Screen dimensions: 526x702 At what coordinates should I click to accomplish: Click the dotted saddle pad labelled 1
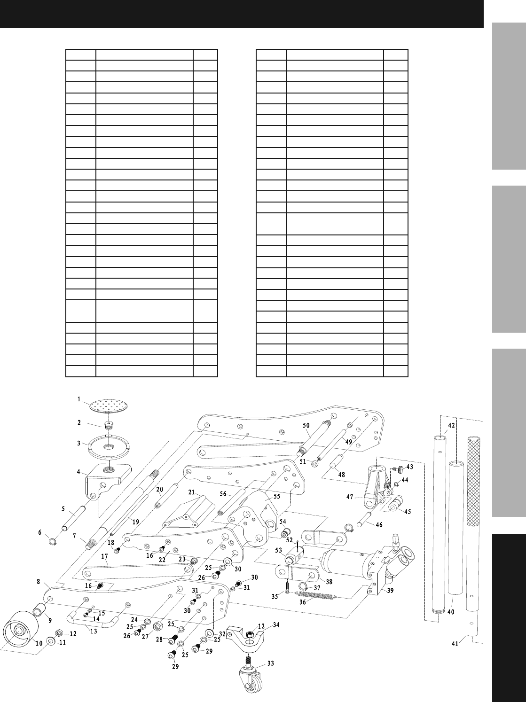[109, 405]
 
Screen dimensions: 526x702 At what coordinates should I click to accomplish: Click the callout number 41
[455, 644]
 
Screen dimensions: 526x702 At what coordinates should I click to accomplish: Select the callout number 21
[191, 492]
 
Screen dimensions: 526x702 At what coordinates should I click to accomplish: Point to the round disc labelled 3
[108, 448]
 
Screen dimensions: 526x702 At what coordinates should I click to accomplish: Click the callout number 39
[390, 591]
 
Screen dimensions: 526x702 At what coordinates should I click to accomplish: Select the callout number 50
[306, 425]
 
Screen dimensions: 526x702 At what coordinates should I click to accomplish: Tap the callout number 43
[409, 467]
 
